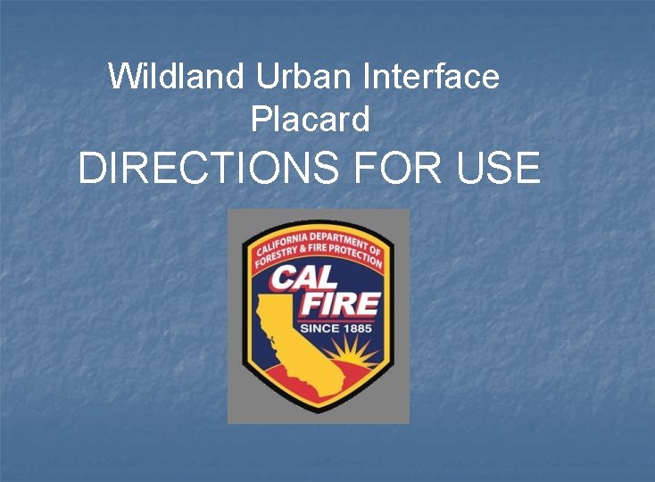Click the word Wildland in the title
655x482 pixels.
click(176, 77)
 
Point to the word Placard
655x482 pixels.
click(310, 120)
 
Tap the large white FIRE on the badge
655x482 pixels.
click(341, 303)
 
